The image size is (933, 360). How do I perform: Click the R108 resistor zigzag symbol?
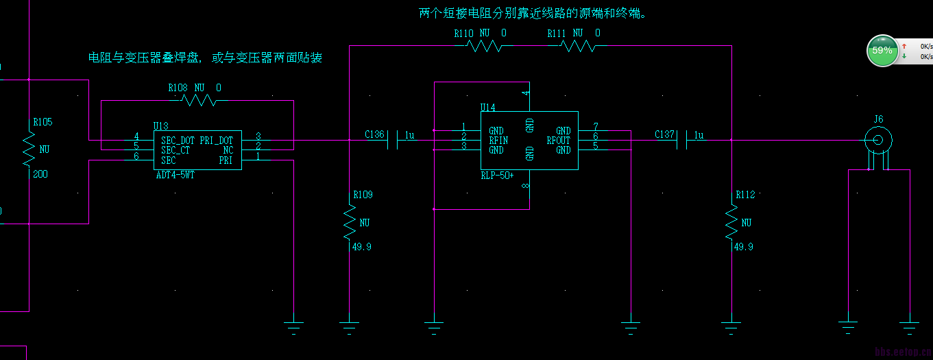pyautogui.click(x=198, y=101)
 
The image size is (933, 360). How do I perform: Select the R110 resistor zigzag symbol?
pyautogui.click(x=484, y=46)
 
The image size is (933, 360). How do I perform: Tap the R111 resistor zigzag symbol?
pyautogui.click(x=578, y=46)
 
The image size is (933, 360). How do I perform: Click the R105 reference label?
pyautogui.click(x=43, y=122)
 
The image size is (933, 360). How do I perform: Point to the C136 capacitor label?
pyautogui.click(x=374, y=134)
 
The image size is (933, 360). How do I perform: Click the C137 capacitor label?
pyautogui.click(x=664, y=134)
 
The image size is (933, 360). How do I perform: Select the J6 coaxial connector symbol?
pyautogui.click(x=877, y=141)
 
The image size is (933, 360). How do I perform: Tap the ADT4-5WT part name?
pyautogui.click(x=175, y=176)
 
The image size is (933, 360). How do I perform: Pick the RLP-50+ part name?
pyautogui.click(x=497, y=176)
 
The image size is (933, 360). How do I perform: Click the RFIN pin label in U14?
pyautogui.click(x=498, y=141)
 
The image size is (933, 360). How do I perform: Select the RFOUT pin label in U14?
pyautogui.click(x=558, y=141)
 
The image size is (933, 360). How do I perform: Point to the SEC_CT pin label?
pyautogui.click(x=175, y=150)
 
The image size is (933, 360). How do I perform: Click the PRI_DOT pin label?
pyautogui.click(x=216, y=141)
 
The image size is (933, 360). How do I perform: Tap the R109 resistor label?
pyautogui.click(x=363, y=195)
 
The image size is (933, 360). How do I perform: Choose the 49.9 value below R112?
pyautogui.click(x=743, y=247)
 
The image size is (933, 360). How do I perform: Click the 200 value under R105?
pyautogui.click(x=40, y=174)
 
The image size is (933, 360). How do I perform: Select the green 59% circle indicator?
pyautogui.click(x=882, y=51)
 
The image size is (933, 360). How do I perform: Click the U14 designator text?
pyautogui.click(x=488, y=107)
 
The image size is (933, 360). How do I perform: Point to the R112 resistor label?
pyautogui.click(x=745, y=195)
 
